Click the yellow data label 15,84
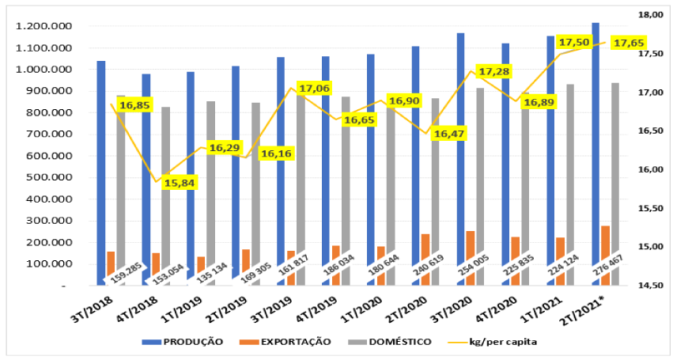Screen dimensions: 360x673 181,183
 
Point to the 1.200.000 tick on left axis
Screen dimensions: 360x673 44,26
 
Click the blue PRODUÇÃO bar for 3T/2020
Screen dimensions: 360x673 460,158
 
